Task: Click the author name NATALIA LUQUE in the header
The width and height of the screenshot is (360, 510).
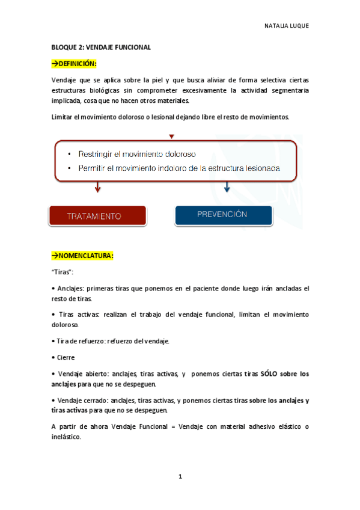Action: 286,26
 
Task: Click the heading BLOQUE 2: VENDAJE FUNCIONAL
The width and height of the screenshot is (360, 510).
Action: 100,47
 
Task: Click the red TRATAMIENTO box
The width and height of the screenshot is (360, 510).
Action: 97,215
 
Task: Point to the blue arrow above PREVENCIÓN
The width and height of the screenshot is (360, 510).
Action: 227,188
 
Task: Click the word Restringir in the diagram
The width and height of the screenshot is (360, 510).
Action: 97,154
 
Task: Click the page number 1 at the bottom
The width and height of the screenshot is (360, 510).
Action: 180,477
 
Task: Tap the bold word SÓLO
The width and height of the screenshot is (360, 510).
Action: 270,373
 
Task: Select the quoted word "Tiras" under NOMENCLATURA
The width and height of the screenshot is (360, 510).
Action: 63,272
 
